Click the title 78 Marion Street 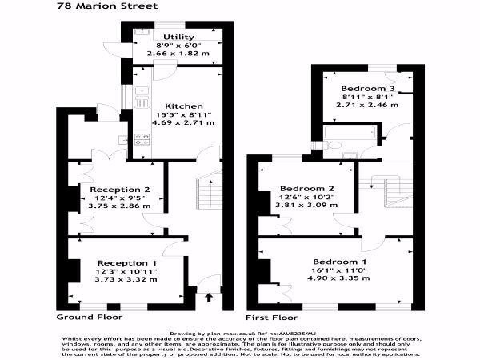(x=107, y=6)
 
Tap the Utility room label (x=178, y=37)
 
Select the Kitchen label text (x=184, y=106)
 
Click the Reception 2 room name (x=120, y=190)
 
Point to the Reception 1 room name (x=127, y=263)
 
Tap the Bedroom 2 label (x=307, y=188)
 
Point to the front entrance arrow (x=208, y=298)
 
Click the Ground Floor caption (x=89, y=317)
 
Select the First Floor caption (x=272, y=318)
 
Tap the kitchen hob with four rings (x=142, y=139)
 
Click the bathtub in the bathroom (x=350, y=132)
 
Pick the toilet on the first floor (x=332, y=144)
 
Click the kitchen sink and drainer (x=142, y=97)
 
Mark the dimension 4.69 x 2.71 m (x=183, y=122)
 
